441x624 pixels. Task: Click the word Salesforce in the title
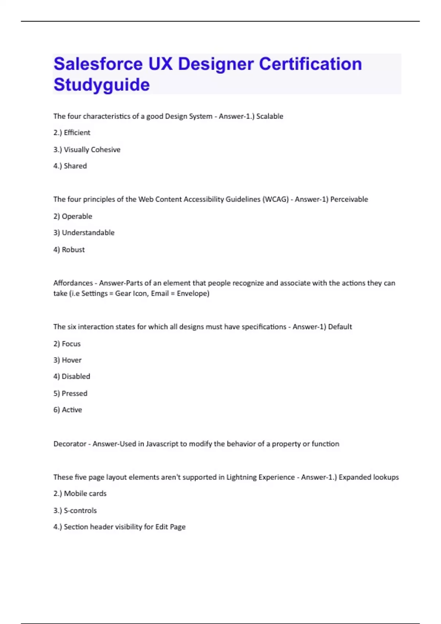[x=98, y=64]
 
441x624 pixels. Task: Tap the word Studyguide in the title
[x=101, y=85]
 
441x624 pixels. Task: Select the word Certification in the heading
[x=311, y=64]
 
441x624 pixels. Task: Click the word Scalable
[x=269, y=116]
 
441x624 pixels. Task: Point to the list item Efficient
[x=77, y=133]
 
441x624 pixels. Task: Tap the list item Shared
[x=75, y=166]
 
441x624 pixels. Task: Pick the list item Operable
[x=77, y=216]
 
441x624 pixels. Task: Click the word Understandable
[x=88, y=233]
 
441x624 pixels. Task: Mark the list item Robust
[x=73, y=250]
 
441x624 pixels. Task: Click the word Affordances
[x=73, y=283]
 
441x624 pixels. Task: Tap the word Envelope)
[x=193, y=293]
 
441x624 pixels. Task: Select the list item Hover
[x=72, y=360]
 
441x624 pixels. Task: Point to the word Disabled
[x=76, y=376]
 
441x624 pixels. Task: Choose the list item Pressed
[x=75, y=393]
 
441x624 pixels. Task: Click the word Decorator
[x=70, y=444]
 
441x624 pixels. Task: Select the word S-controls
[x=80, y=511]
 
